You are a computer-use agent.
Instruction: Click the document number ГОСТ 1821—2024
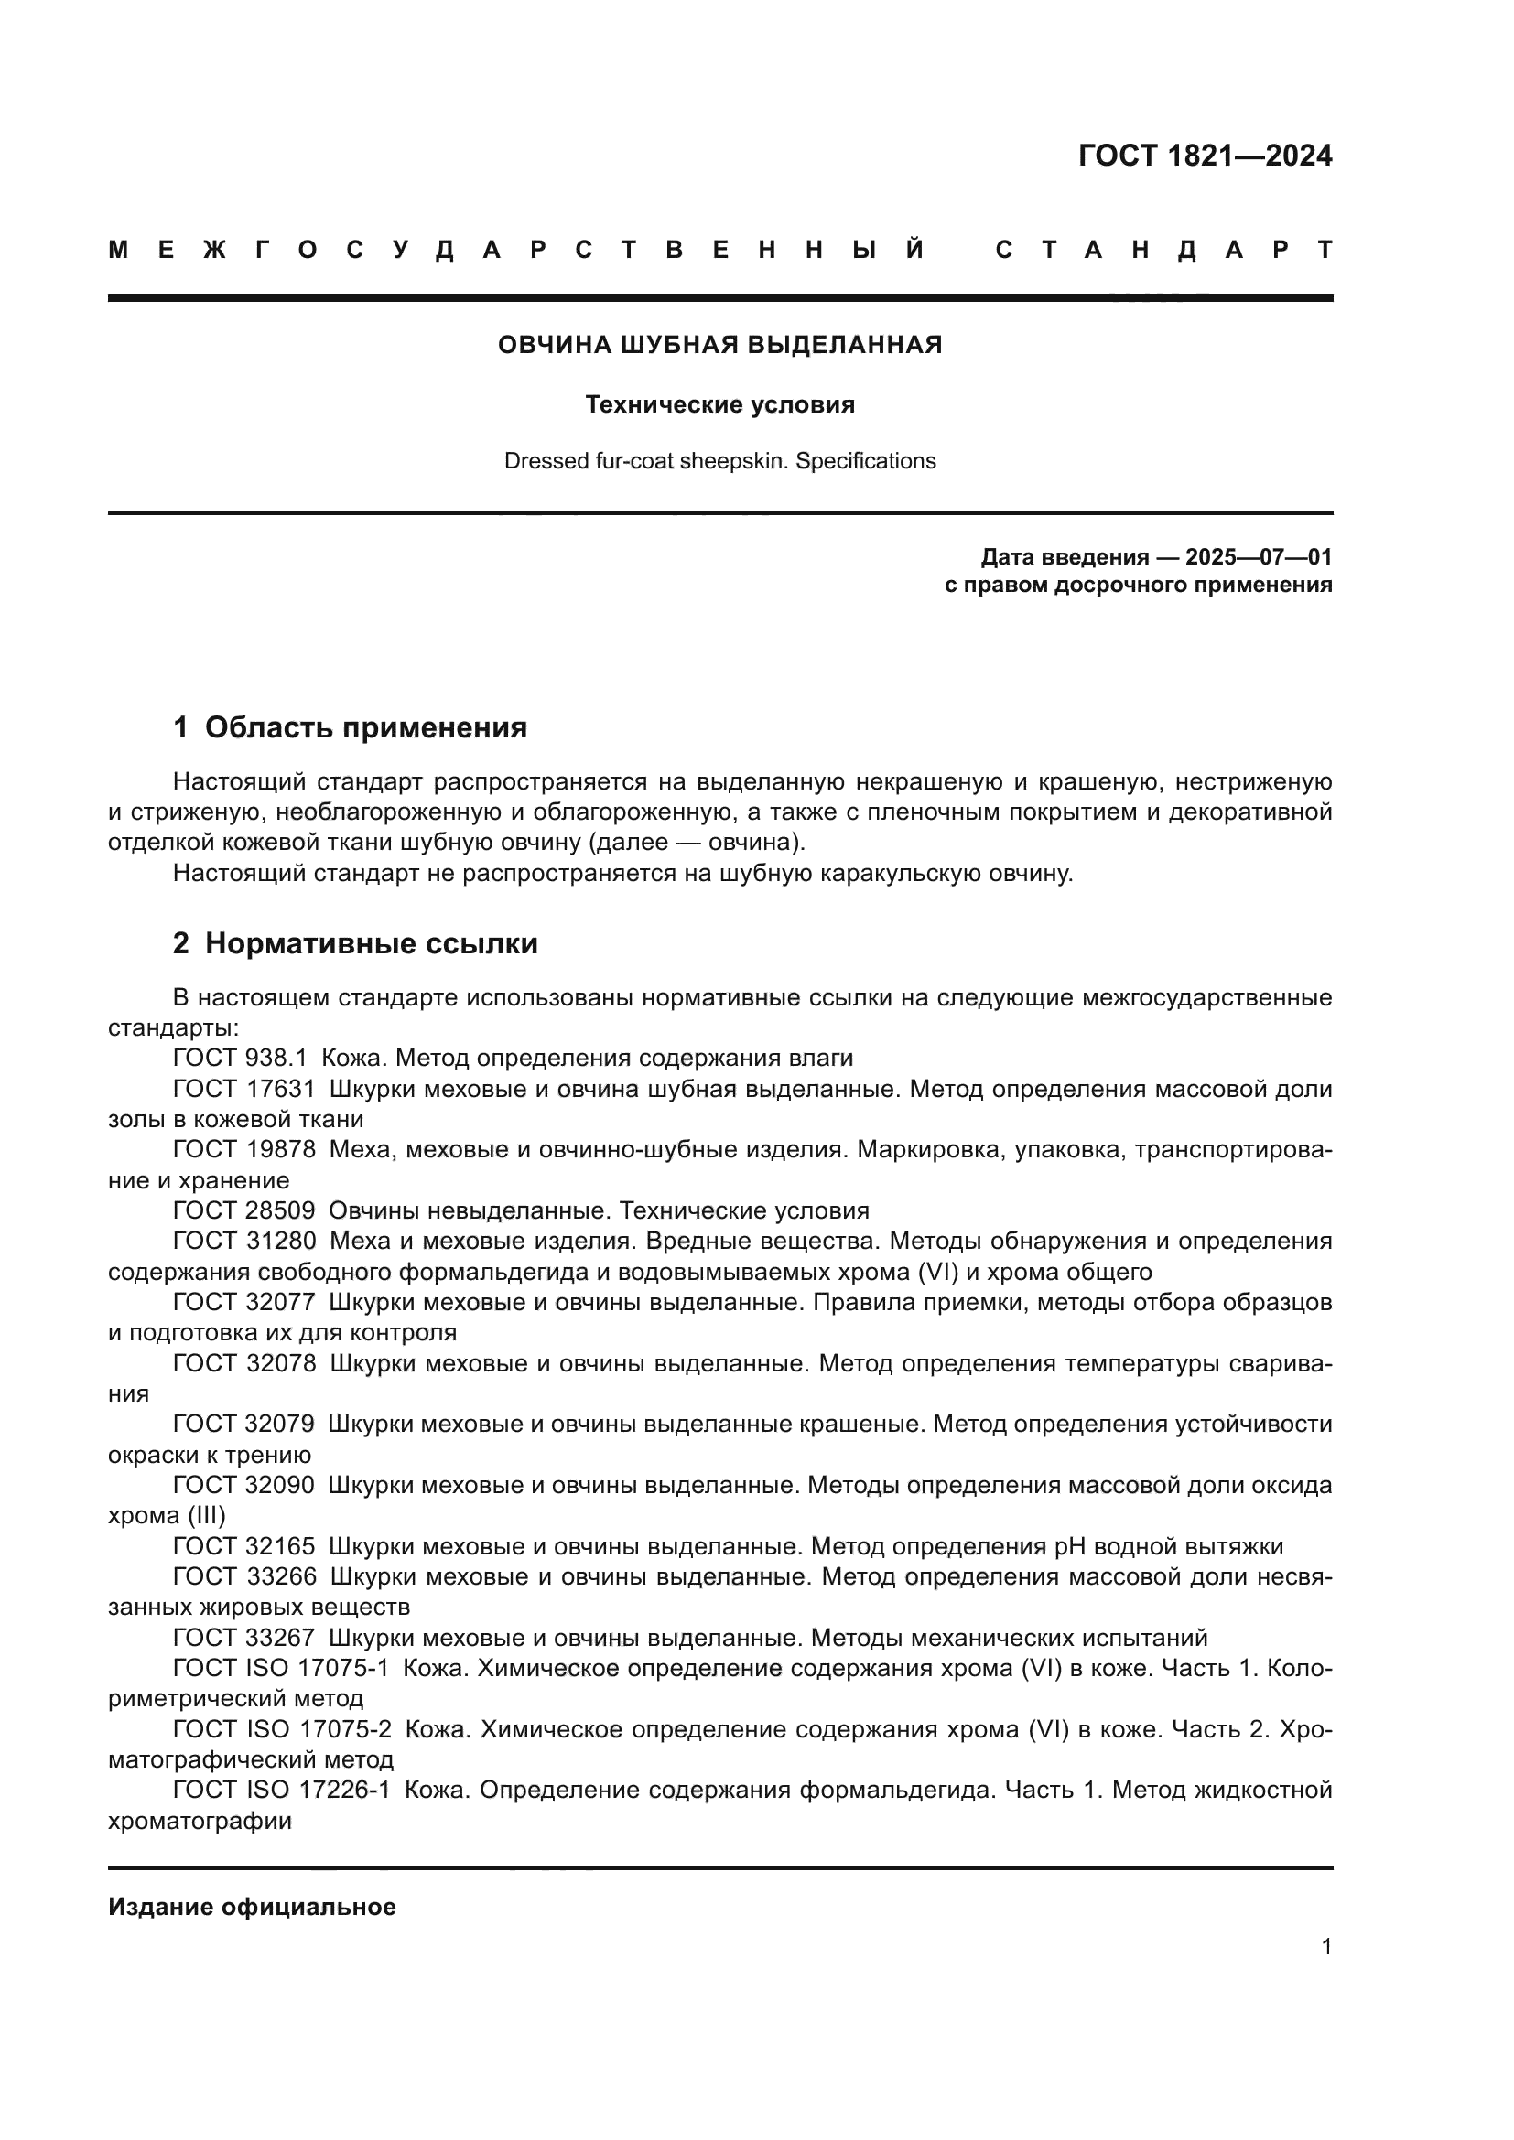[x=1205, y=156]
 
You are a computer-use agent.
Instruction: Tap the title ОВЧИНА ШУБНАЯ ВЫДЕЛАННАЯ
[x=719, y=346]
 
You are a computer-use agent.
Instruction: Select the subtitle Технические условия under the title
[x=719, y=404]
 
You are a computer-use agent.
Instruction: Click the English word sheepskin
[x=736, y=461]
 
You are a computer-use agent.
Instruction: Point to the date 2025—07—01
[x=1259, y=557]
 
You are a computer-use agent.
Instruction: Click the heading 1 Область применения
[x=350, y=728]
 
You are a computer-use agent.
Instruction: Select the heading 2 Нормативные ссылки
[x=355, y=944]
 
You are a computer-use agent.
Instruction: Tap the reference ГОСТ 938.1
[x=240, y=1058]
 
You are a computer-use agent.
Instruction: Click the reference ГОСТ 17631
[x=244, y=1089]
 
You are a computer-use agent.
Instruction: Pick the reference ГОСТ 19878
[x=244, y=1149]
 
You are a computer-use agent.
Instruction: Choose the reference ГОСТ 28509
[x=244, y=1210]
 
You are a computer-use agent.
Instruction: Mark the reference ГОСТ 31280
[x=244, y=1242]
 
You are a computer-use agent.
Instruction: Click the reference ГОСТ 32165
[x=244, y=1546]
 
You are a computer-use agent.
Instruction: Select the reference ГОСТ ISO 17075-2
[x=283, y=1730]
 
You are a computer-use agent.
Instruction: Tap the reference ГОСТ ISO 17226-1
[x=283, y=1791]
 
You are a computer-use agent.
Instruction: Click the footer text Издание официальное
[x=252, y=1907]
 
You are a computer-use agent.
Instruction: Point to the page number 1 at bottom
[x=1325, y=1946]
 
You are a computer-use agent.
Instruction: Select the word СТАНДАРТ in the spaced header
[x=1163, y=251]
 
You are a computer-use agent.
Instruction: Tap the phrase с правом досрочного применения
[x=1138, y=586]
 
